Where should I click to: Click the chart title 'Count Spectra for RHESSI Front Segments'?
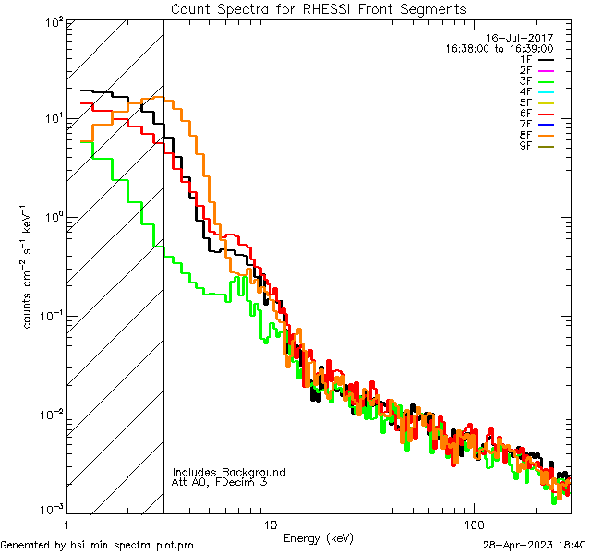tap(319, 9)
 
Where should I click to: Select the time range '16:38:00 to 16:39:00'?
tap(500, 49)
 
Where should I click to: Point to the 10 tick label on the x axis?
tap(270, 524)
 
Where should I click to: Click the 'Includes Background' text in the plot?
tap(229, 472)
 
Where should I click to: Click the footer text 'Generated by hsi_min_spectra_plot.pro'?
tap(98, 546)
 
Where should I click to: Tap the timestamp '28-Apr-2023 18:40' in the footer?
tap(533, 546)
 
